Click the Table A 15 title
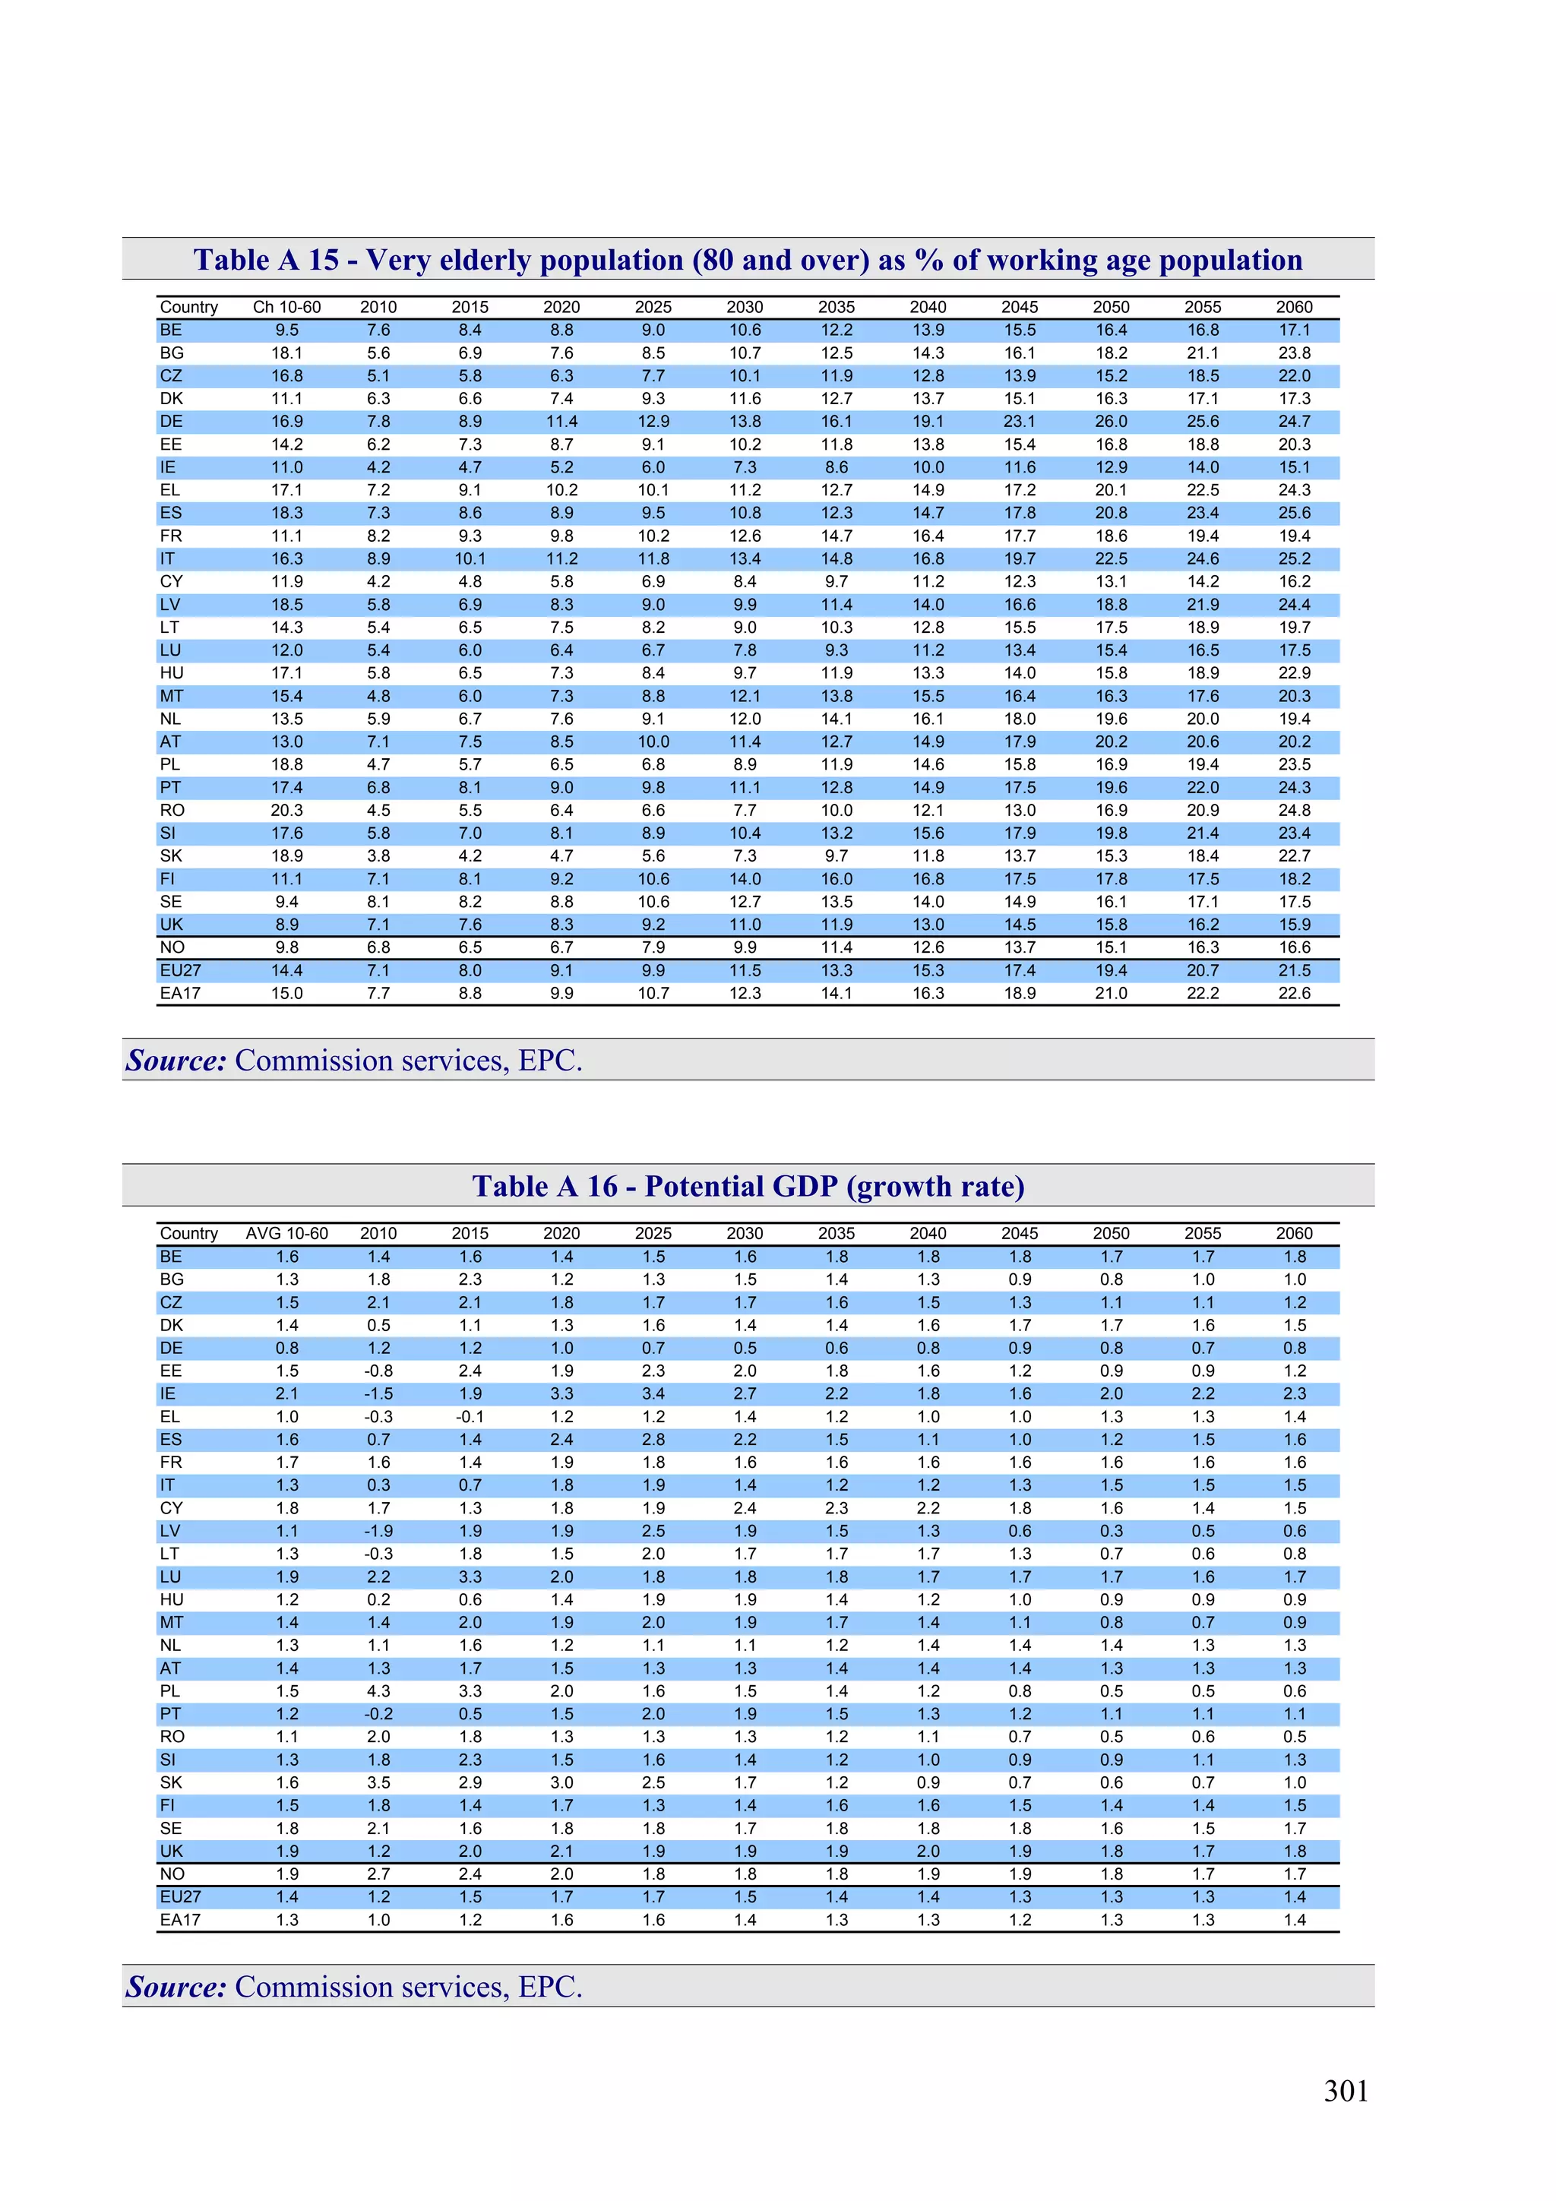click(748, 260)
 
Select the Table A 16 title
click(748, 1186)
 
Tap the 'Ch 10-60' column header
click(286, 307)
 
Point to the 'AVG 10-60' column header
click(286, 1233)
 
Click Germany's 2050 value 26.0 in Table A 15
click(1110, 421)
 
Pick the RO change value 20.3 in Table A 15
click(286, 810)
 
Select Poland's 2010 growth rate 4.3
click(378, 1691)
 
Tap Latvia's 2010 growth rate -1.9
click(378, 1531)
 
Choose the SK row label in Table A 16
click(171, 1782)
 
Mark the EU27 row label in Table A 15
click(180, 970)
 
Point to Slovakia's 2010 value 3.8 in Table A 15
click(378, 856)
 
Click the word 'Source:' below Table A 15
click(176, 1061)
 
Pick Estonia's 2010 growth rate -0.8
click(378, 1371)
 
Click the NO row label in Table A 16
click(172, 1874)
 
